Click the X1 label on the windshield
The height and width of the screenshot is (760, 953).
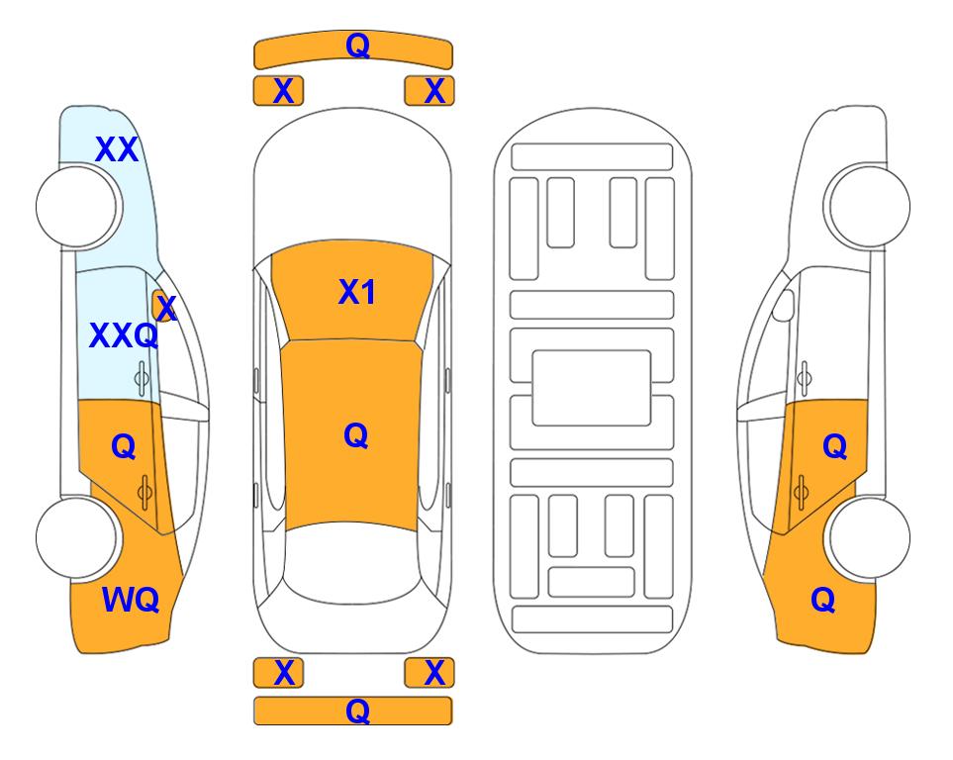coord(357,292)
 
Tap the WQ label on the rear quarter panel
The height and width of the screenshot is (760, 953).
coord(131,600)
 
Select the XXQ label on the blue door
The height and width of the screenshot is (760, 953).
coord(124,335)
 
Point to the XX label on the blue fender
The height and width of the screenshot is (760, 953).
coord(117,149)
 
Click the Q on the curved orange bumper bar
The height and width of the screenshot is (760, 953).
coord(357,45)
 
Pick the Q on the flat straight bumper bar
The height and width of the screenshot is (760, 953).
coord(357,711)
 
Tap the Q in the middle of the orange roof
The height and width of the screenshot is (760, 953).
coord(356,435)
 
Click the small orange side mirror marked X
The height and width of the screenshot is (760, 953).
coord(163,306)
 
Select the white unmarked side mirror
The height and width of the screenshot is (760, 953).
coord(784,305)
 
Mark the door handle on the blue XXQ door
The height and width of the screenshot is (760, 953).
coord(142,378)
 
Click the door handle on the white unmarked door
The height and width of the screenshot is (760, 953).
coord(804,378)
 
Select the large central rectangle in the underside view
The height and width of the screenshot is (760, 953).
coord(592,388)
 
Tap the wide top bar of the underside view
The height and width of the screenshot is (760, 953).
coord(592,157)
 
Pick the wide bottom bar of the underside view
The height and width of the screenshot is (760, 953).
coord(592,618)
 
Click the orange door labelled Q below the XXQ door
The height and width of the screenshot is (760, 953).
coord(122,462)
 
